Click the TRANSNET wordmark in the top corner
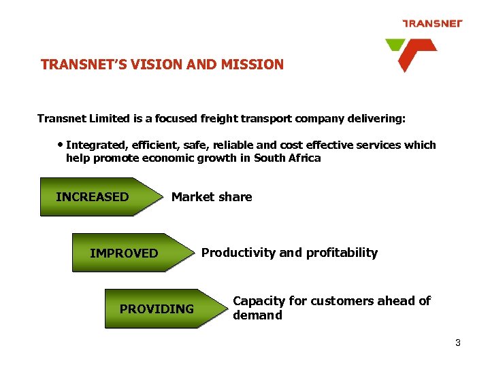(432, 23)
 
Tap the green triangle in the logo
(394, 46)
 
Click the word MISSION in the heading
(256, 65)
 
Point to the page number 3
(458, 343)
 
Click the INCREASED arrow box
(95, 197)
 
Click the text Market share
(212, 197)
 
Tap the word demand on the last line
(257, 315)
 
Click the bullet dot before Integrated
(61, 145)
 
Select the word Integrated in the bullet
(95, 145)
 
